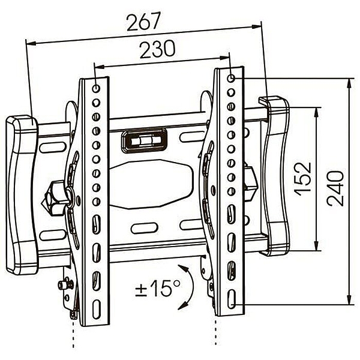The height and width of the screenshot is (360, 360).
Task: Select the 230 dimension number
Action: coord(157,49)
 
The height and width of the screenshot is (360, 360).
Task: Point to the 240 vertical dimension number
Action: coord(335,188)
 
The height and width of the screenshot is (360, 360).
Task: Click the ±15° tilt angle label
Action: coord(157,287)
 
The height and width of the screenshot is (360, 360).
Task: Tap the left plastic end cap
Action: coord(22,194)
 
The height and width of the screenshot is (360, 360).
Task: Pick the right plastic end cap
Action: coord(275,176)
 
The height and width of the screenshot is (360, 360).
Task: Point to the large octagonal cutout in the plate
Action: coord(151,184)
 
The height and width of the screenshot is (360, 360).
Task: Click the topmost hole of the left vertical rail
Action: coord(96,88)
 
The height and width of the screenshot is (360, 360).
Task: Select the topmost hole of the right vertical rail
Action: coord(231,78)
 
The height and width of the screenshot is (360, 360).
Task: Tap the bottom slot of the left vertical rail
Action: coord(97,309)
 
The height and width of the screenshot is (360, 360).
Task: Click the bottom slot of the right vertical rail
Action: coord(232,299)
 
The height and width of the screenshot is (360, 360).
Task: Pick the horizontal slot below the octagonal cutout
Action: coord(145,228)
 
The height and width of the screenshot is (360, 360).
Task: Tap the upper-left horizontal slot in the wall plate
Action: coord(52,148)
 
